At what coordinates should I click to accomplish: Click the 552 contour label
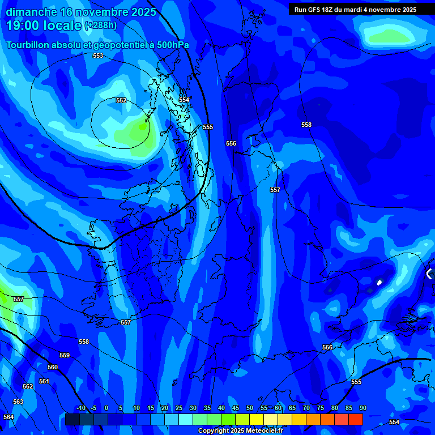coord(121,100)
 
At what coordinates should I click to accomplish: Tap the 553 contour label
coord(98,56)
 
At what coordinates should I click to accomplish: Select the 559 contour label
coord(65,355)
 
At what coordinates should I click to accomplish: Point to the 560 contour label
coord(53,367)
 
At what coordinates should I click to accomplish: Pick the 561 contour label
coord(44,381)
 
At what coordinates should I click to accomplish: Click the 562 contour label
coord(28,386)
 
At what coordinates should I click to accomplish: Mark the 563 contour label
coord(18,402)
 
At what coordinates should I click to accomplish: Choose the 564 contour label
coord(8,417)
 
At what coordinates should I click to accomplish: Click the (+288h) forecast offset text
coord(100,25)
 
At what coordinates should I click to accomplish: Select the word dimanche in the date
coord(31,12)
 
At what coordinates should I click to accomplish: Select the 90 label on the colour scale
coord(362,408)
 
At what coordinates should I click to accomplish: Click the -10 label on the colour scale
coord(81,408)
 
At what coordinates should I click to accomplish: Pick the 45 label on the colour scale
coord(235,408)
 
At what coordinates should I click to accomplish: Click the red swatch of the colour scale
coord(355,419)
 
